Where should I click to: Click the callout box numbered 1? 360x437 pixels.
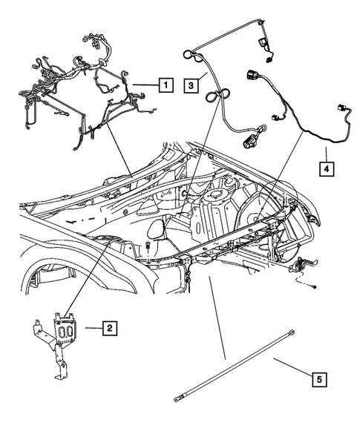166,85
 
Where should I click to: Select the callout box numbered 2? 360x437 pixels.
109,327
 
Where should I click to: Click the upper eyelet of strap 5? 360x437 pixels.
295,333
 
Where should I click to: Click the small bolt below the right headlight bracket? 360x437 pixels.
315,285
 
